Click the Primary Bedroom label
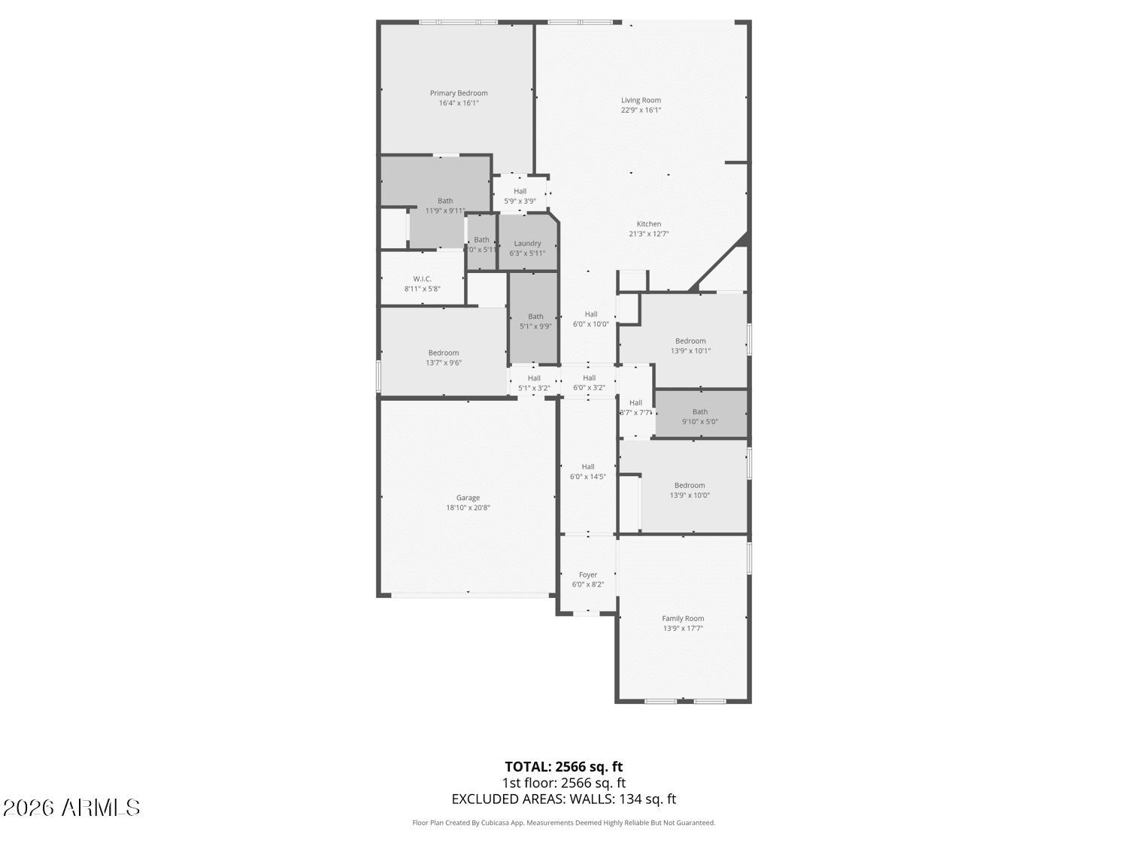click(x=459, y=93)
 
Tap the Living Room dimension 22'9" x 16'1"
click(x=641, y=110)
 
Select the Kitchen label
click(x=649, y=224)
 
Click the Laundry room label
click(x=527, y=244)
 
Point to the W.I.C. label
click(x=422, y=279)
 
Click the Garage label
click(x=468, y=498)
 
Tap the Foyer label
click(x=588, y=575)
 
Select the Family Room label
click(x=683, y=619)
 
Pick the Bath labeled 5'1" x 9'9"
click(x=535, y=317)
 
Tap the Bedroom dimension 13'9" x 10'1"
click(x=690, y=350)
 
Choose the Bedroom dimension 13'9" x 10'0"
click(x=690, y=495)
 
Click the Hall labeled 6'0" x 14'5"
click(x=588, y=467)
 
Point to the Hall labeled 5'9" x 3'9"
click(x=520, y=192)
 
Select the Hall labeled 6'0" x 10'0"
click(x=591, y=314)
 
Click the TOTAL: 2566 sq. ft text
click(x=563, y=767)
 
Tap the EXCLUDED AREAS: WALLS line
click(x=563, y=799)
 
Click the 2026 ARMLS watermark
click(x=71, y=808)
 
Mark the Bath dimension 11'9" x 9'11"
click(x=445, y=211)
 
